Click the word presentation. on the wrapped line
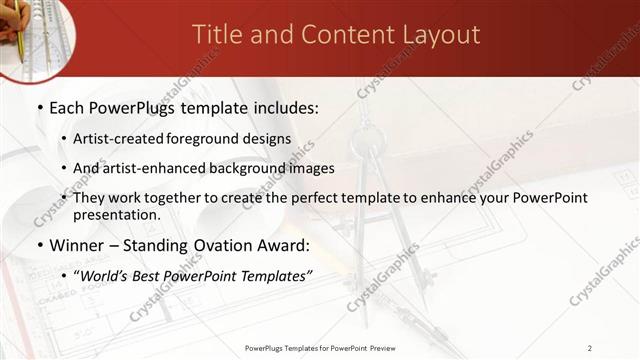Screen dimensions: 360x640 click(116, 215)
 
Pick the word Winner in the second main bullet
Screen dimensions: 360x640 click(78, 245)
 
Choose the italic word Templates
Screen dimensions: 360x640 click(270, 276)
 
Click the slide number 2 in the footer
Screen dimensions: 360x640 click(589, 348)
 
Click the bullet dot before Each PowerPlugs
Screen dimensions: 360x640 click(38, 108)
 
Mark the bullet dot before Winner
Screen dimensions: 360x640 click(38, 246)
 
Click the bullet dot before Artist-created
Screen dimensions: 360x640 click(64, 139)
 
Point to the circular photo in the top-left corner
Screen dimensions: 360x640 click(28, 30)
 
